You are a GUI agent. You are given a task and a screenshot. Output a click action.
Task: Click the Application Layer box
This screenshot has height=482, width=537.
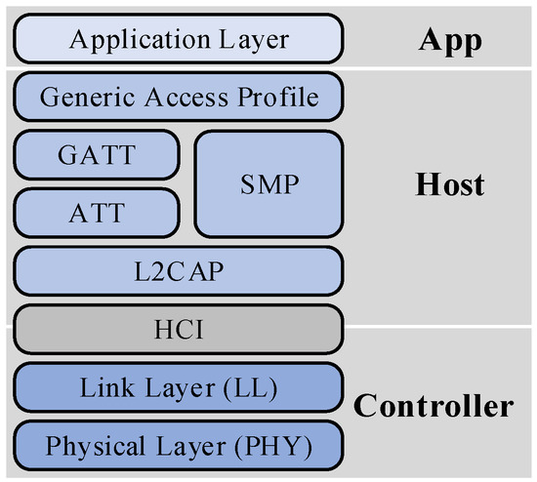pos(179,40)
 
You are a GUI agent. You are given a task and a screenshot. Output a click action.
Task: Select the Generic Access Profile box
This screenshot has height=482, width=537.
pos(179,96)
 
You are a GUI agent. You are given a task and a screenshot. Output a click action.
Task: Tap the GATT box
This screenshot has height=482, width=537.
pos(97,154)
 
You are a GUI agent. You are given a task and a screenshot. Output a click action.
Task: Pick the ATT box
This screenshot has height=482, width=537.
pos(97,212)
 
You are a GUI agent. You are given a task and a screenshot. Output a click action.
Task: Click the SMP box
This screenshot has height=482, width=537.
pos(269,182)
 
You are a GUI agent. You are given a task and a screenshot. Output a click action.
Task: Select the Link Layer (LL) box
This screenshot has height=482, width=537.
pos(179,389)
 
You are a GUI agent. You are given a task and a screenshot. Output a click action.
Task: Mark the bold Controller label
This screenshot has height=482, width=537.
pos(433,405)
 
